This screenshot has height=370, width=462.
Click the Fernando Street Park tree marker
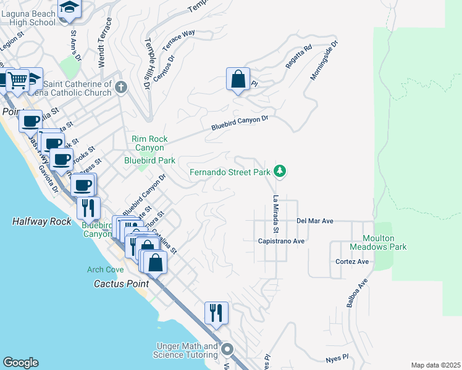point(280,171)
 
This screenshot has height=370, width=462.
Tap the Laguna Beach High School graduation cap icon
point(70,8)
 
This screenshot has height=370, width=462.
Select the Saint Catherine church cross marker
point(120,87)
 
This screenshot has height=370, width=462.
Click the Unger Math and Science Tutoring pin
point(227,350)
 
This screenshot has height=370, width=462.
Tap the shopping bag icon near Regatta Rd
point(238,80)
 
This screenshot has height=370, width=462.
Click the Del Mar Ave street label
point(315,220)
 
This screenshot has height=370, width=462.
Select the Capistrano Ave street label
point(282,241)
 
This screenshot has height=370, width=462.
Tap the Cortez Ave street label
point(351,261)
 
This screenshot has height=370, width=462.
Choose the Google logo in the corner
point(20,363)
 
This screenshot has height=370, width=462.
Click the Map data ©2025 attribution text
point(435,365)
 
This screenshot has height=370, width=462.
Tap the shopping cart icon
point(17,81)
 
